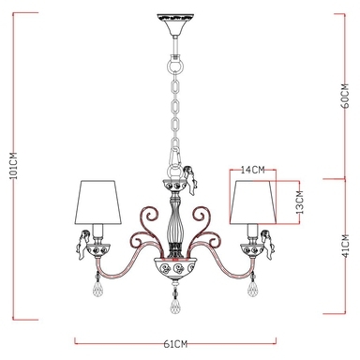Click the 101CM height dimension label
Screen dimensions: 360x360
[13, 166]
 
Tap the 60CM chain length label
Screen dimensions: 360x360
[345, 96]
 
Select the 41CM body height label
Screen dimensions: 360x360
[345, 246]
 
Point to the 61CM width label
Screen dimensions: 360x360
[175, 344]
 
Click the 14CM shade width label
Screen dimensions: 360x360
[253, 170]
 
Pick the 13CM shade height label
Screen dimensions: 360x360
[300, 202]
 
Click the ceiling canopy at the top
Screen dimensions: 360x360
[175, 24]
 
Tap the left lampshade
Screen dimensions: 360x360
[98, 202]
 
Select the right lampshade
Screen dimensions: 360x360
[253, 202]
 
